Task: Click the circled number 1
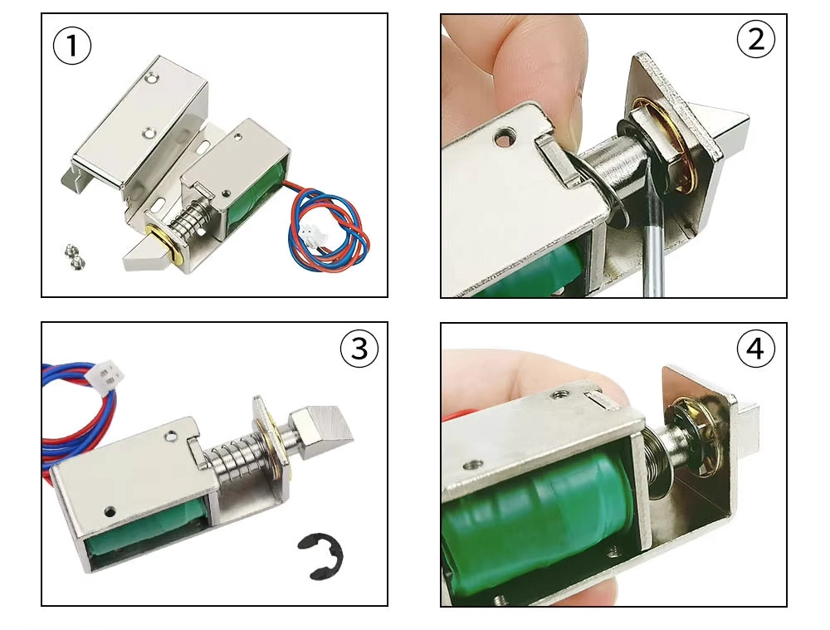(72, 46)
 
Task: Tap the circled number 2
(756, 40)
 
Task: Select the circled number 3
(359, 349)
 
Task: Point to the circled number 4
(756, 349)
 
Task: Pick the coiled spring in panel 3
(233, 457)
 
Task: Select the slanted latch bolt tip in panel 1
(143, 255)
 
